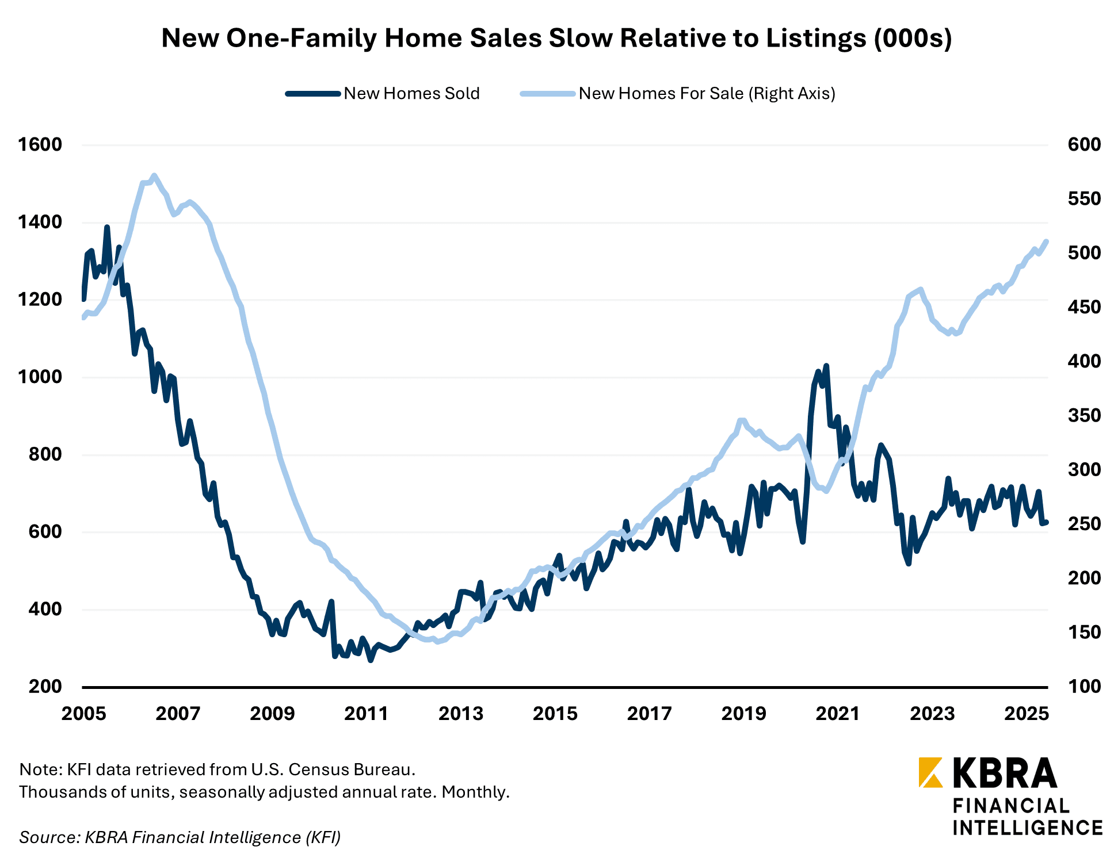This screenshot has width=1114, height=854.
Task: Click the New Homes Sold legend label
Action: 411,94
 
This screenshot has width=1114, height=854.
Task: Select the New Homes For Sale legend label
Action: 707,94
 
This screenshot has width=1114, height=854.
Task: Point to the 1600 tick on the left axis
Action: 40,144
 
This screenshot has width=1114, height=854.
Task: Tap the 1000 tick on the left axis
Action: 40,377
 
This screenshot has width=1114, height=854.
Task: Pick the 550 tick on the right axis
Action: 1084,199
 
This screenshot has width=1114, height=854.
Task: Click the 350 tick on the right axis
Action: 1084,415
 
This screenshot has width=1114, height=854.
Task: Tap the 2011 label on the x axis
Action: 367,714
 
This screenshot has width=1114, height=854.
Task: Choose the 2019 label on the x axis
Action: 743,714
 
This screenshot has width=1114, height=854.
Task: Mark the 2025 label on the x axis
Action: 1026,714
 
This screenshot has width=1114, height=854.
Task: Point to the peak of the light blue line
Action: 154,175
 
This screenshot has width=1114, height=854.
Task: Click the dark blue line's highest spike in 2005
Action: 107,227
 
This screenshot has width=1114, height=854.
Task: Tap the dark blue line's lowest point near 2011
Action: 371,660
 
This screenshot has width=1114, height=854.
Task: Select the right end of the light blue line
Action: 1047,242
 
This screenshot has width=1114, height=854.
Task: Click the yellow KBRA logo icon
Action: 930,772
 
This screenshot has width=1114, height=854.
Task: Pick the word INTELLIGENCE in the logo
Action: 1027,828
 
